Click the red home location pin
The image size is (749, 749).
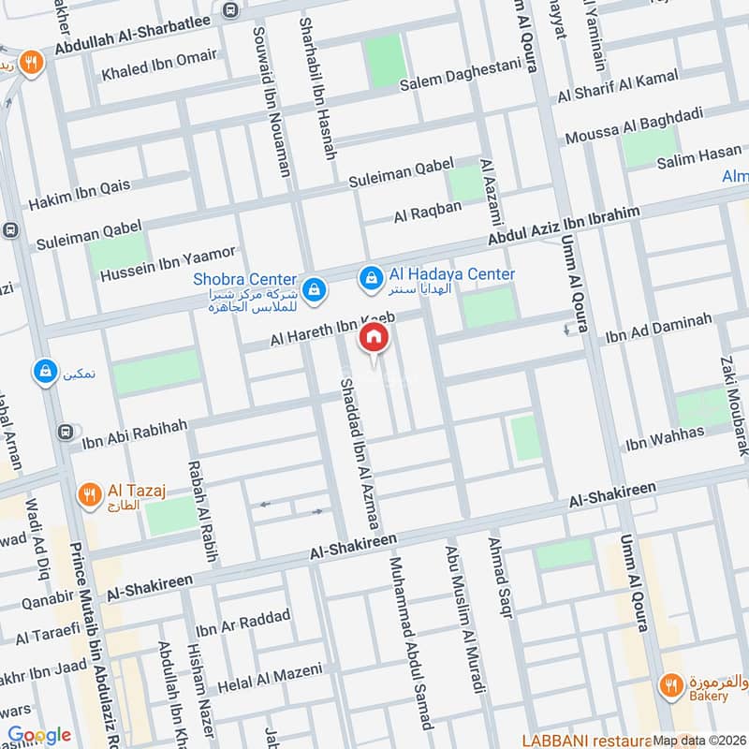(x=374, y=338)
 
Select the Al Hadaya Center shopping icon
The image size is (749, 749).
(x=372, y=278)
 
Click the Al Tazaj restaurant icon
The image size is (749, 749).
(x=90, y=495)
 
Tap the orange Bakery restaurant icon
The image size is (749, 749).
(x=670, y=686)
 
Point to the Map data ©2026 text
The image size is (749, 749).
(x=699, y=740)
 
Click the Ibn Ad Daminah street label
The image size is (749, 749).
(x=659, y=327)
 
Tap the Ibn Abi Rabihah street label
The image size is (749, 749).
(x=135, y=431)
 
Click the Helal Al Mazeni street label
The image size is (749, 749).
(x=270, y=679)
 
